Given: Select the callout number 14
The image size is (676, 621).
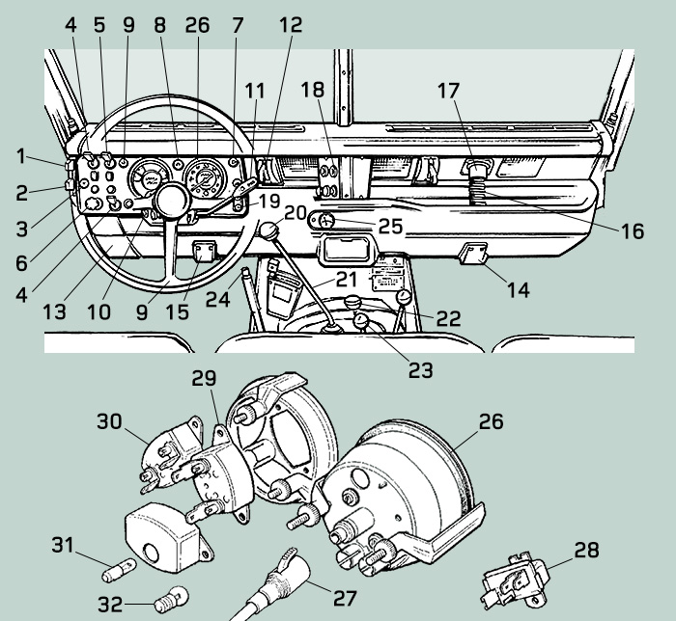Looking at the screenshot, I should pos(519,288).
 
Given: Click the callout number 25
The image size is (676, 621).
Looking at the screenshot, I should pos(390,228).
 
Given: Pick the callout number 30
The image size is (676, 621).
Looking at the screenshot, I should pos(110,421).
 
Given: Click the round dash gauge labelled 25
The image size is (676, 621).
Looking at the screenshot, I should pos(325,221).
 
